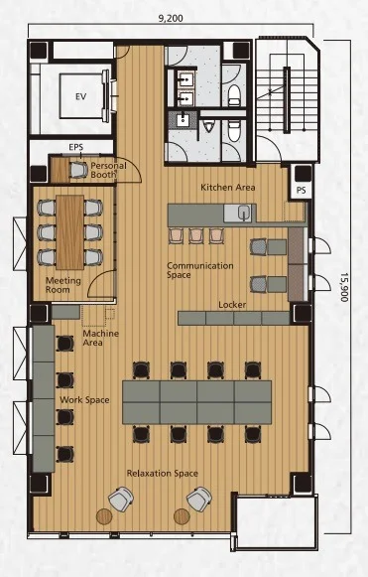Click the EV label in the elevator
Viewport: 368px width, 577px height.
[81, 96]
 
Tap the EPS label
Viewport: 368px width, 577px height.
[76, 147]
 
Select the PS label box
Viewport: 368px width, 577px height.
[302, 191]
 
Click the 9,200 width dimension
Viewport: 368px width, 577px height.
[171, 18]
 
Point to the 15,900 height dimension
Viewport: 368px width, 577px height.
[344, 287]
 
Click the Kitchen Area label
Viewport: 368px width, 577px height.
[227, 188]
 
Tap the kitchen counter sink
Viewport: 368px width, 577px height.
[243, 213]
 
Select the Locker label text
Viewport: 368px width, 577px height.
[232, 305]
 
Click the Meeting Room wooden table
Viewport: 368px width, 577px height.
[69, 231]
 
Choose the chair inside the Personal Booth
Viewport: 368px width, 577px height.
[78, 170]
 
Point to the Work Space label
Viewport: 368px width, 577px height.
[84, 400]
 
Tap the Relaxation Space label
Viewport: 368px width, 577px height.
[162, 474]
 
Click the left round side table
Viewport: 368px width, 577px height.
[104, 516]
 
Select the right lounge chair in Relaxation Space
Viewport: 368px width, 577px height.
[199, 499]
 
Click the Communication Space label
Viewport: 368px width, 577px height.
[200, 270]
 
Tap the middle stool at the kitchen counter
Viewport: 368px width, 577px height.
[196, 236]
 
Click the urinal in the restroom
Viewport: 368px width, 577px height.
[209, 126]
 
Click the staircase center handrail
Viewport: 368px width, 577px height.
[287, 99]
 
